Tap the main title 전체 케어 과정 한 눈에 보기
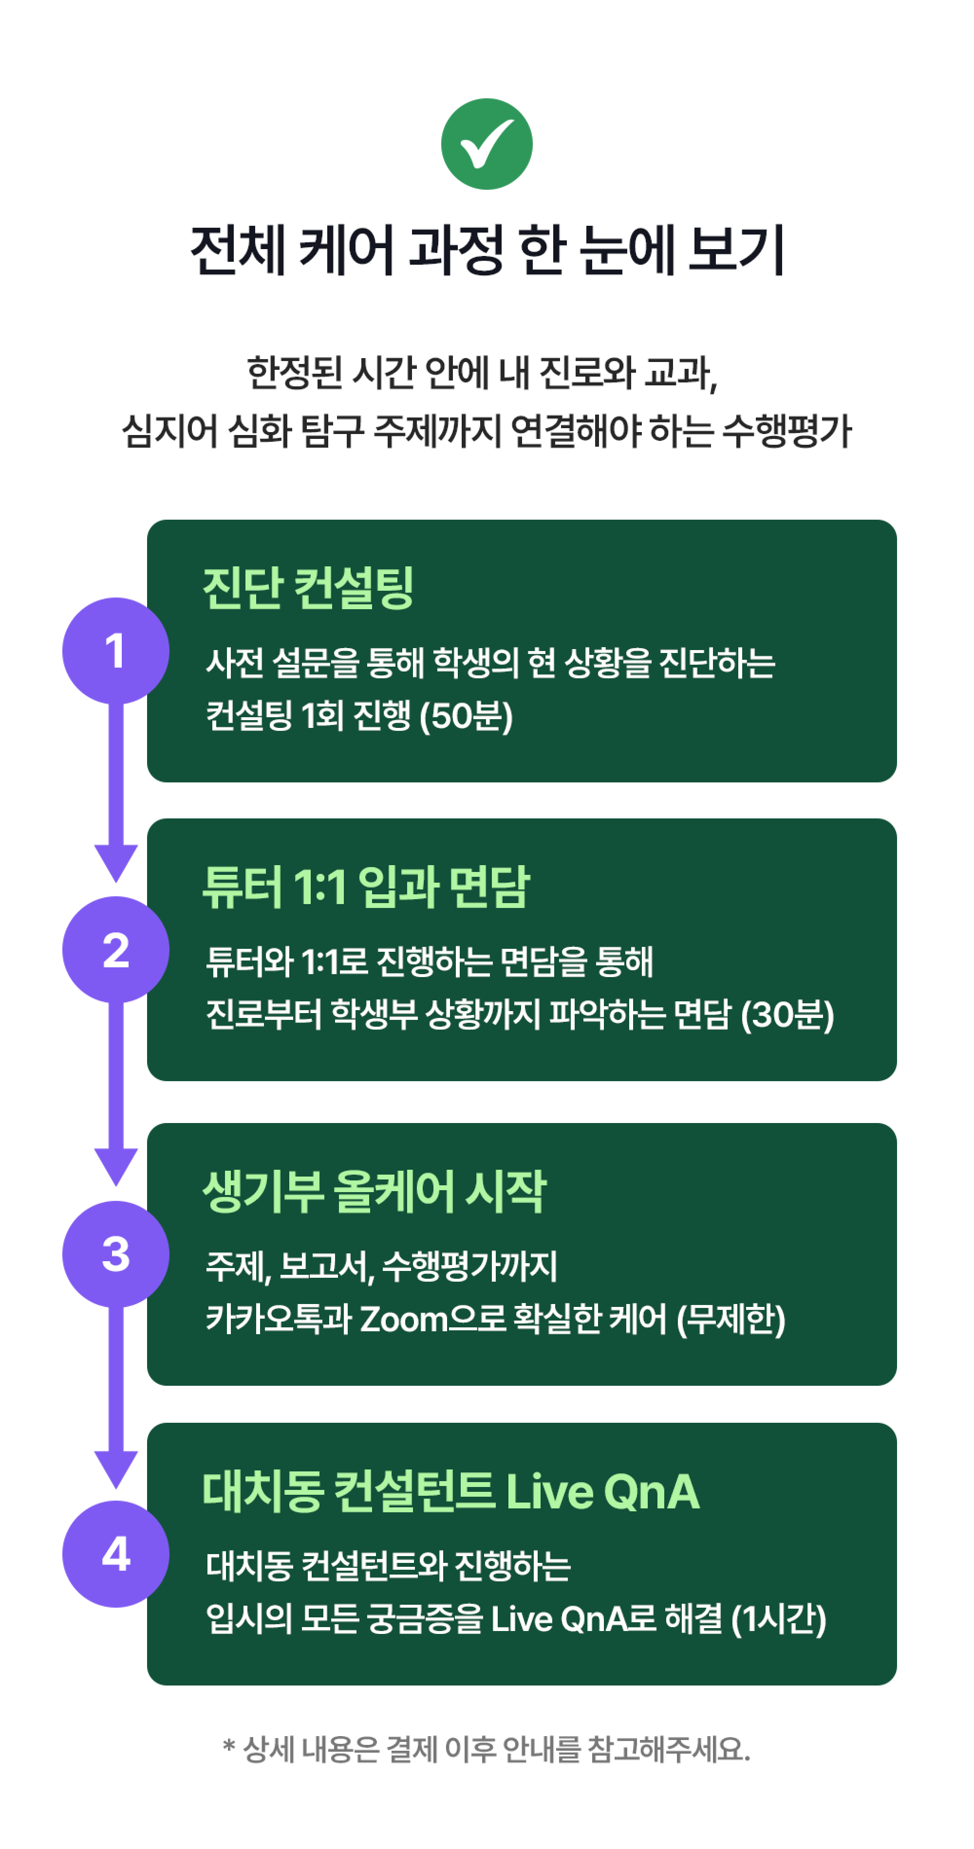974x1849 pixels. point(487,250)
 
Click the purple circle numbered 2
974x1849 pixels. point(115,950)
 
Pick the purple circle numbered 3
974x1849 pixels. point(115,1254)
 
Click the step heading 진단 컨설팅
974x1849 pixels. point(308,588)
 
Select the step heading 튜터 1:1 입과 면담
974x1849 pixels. point(366,887)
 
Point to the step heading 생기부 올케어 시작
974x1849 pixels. point(374,1192)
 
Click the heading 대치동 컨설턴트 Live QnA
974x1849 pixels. point(451,1491)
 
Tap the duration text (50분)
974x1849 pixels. point(466,716)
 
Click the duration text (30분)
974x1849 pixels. point(787,1014)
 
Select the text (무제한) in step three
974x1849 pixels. point(731,1319)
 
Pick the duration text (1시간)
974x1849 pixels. point(779,1619)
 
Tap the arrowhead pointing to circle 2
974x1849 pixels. point(115,864)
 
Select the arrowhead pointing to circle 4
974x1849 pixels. point(115,1469)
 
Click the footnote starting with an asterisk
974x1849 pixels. point(487,1749)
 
